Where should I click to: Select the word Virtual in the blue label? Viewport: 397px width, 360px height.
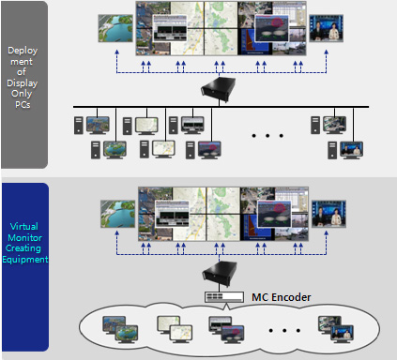(x=23, y=226)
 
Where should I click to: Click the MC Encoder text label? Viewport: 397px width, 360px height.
(x=282, y=297)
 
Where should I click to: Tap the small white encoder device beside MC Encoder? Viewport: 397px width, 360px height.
(x=223, y=297)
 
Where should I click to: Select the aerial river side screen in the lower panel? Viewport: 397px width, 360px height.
(x=115, y=213)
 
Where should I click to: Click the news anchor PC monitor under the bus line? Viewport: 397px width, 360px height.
(x=351, y=149)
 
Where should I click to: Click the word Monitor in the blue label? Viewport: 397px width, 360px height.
(x=23, y=236)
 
